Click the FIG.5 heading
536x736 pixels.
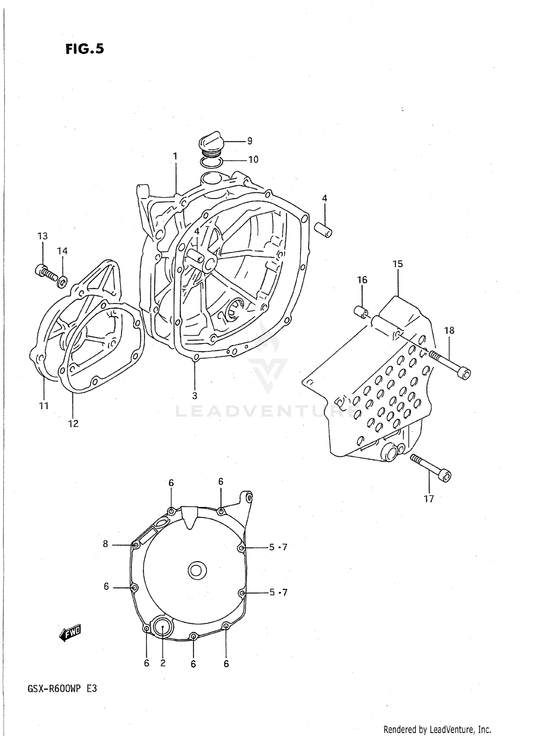pos(85,49)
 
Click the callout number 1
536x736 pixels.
pos(175,156)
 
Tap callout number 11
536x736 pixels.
pos(44,406)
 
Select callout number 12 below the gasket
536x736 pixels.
pos(73,424)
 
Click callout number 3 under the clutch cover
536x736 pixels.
pos(195,396)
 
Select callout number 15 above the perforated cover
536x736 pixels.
pos(397,264)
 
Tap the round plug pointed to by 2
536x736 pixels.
pos(163,627)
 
